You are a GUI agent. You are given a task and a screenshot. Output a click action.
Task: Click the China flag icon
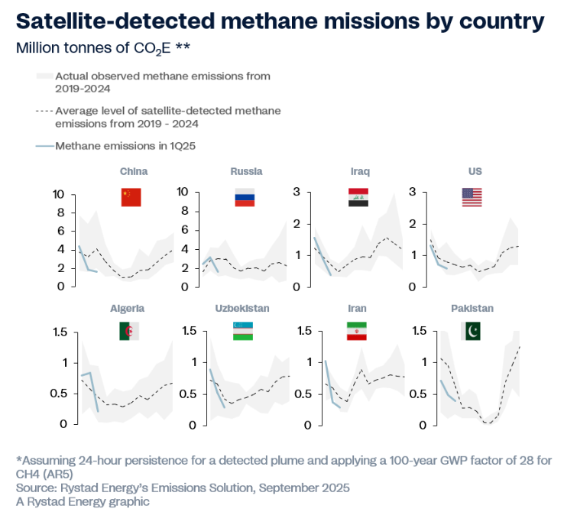tap(131, 196)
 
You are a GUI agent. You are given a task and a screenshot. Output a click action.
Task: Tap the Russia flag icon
tap(245, 196)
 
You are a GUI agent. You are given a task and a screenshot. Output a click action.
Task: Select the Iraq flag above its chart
tap(358, 196)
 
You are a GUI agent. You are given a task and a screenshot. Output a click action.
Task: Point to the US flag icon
tap(472, 196)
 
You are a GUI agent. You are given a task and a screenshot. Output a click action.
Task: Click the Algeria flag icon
tap(129, 331)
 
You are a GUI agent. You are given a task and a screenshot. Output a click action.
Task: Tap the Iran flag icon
tap(358, 331)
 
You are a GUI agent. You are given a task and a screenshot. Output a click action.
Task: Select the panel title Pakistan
tap(472, 309)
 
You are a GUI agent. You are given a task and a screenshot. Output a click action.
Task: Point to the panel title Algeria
tap(128, 309)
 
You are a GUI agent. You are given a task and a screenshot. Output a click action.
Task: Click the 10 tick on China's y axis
tap(57, 194)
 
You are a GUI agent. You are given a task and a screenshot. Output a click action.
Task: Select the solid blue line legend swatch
tap(44, 144)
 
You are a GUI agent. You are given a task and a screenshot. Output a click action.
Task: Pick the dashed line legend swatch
tap(44, 112)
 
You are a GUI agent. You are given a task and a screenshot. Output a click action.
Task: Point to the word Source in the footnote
tap(34, 488)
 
